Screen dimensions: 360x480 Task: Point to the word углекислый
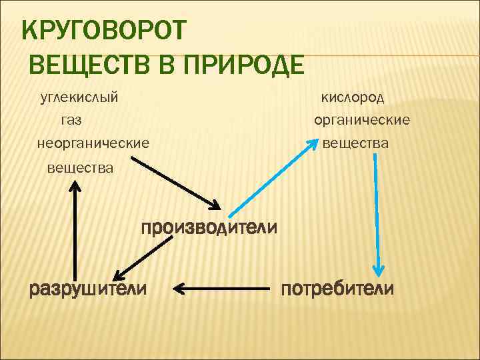pos(79,98)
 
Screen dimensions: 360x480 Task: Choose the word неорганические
pos(93,143)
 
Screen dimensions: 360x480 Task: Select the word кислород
pos(353,98)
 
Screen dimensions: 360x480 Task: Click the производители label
pos(209,227)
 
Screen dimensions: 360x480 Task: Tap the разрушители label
pos(88,289)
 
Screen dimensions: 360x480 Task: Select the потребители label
pos(337,289)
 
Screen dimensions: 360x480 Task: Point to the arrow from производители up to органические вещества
pos(273,178)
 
